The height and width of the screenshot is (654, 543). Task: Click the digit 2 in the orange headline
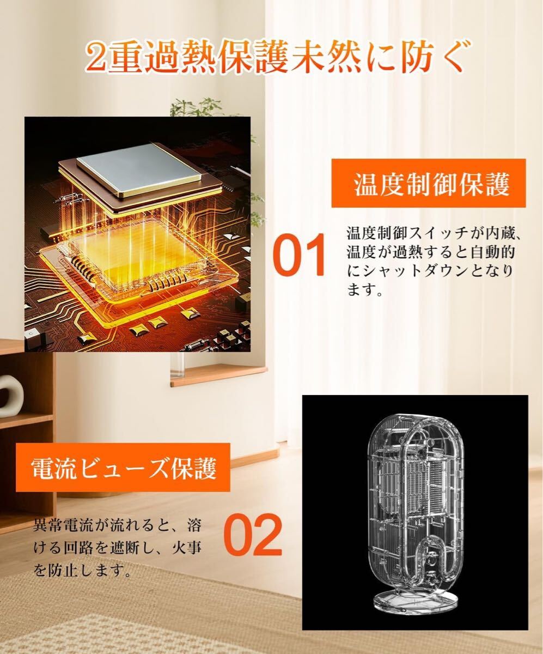click(x=96, y=58)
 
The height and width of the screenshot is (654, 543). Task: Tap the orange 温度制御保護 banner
click(x=429, y=183)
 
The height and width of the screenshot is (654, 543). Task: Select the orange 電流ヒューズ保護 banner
click(x=123, y=467)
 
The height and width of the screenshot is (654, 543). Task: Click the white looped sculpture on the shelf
click(x=9, y=392)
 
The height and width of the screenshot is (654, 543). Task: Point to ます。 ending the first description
click(x=365, y=290)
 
